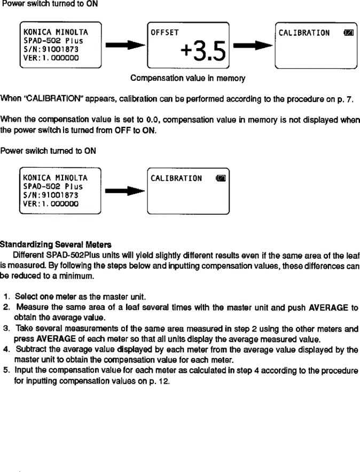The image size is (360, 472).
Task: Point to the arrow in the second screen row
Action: [x=124, y=191]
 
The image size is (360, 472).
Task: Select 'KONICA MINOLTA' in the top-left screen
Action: [x=52, y=32]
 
